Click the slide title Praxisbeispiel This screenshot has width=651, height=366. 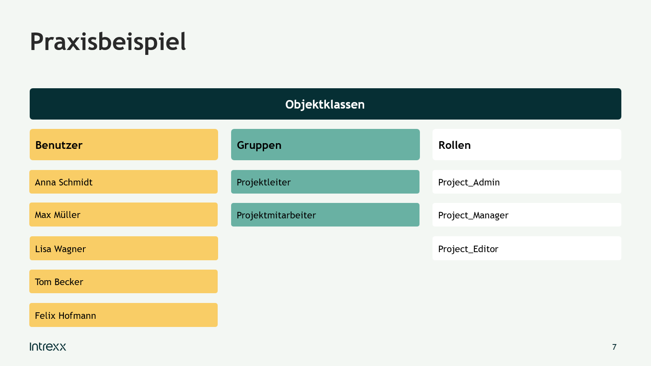click(x=108, y=42)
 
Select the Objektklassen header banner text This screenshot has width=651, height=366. click(x=325, y=104)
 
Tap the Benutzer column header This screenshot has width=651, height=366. click(x=124, y=145)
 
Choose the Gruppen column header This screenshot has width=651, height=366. click(x=325, y=145)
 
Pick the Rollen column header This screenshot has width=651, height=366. click(x=527, y=145)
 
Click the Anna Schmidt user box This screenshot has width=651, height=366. click(x=124, y=182)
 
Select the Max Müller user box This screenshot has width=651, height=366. click(x=124, y=215)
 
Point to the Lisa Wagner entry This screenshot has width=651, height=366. click(x=124, y=248)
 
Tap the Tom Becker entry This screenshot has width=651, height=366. click(x=124, y=281)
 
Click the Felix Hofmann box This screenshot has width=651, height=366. click(x=124, y=315)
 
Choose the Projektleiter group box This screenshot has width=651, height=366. click(x=325, y=182)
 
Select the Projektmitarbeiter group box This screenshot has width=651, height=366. click(x=325, y=215)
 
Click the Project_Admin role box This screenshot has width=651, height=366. click(x=527, y=182)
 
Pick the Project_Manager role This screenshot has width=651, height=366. click(x=527, y=215)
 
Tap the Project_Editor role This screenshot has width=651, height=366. click(x=527, y=248)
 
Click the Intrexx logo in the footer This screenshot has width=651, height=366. click(x=48, y=346)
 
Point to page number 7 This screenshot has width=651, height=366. click(x=614, y=347)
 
